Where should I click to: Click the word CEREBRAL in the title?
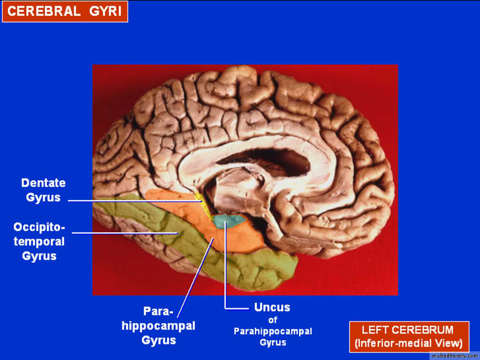click(44, 11)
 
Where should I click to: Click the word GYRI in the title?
click(105, 11)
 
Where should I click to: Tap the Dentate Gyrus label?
click(43, 190)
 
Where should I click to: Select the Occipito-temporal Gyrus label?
click(39, 241)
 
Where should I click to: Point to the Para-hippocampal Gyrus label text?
click(158, 326)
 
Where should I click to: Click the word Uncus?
click(272, 307)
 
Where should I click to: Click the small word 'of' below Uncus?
click(273, 320)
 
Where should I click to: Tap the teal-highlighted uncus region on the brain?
click(228, 221)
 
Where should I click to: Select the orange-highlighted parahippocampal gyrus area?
click(219, 232)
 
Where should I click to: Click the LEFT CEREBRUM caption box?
click(409, 337)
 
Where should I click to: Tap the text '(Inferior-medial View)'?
click(409, 343)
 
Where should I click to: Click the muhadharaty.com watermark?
click(455, 356)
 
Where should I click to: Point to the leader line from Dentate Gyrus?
click(135, 201)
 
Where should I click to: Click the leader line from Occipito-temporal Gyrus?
click(125, 233)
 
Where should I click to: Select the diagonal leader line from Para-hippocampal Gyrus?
click(195, 278)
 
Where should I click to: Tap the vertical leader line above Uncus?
click(225, 265)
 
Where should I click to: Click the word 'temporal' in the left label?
click(39, 241)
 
